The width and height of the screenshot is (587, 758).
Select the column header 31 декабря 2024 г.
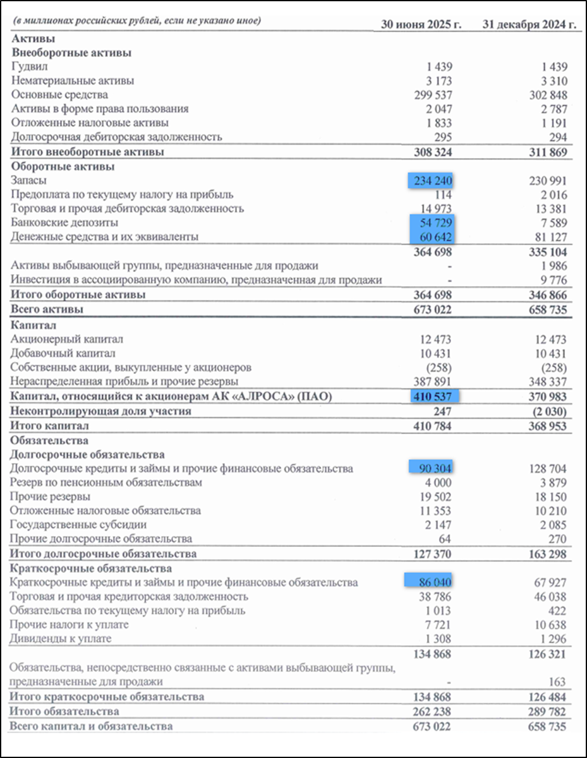530,25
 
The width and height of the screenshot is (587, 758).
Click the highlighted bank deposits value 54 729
433,223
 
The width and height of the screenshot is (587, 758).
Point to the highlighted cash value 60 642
433,237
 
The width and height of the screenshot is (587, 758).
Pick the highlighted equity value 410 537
433,397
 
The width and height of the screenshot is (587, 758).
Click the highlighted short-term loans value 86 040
433,582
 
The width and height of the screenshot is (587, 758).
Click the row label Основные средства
59,95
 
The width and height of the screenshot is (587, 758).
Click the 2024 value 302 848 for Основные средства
547,95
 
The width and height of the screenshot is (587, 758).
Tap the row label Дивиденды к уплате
61,639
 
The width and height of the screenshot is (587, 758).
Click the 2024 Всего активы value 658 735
546,310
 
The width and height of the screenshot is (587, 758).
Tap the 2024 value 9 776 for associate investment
554,280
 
